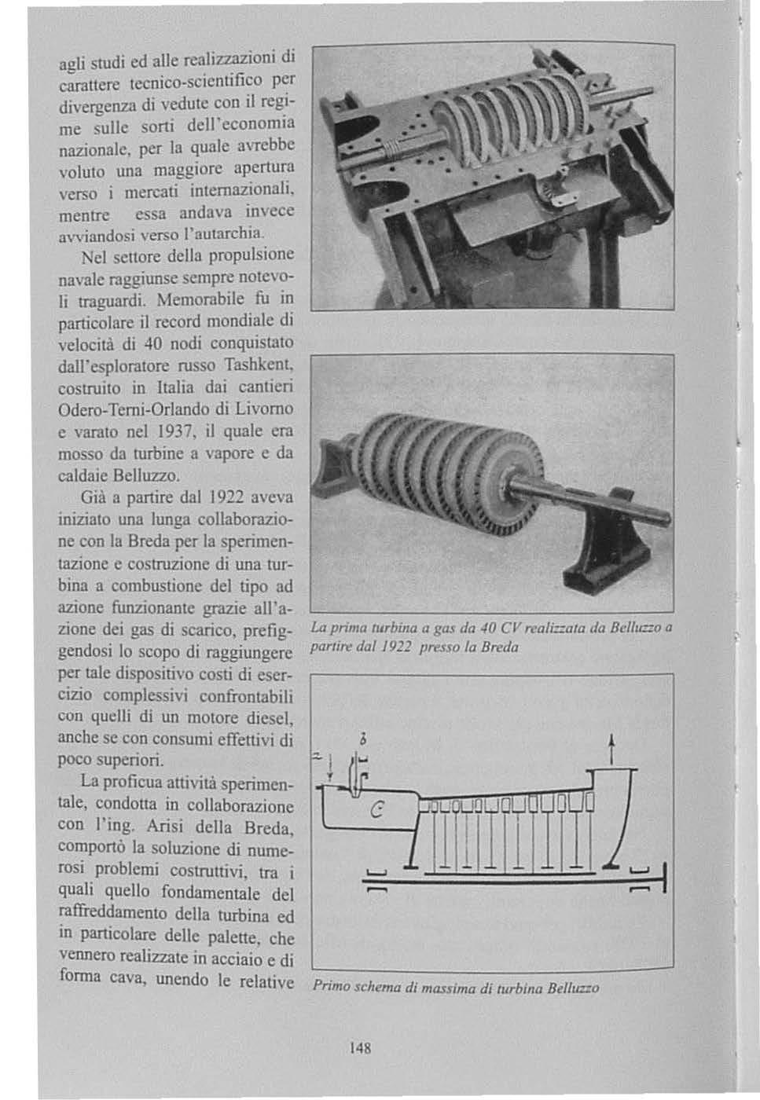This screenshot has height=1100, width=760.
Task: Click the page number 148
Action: [x=360, y=1048]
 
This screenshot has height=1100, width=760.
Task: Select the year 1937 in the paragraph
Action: [x=172, y=431]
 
